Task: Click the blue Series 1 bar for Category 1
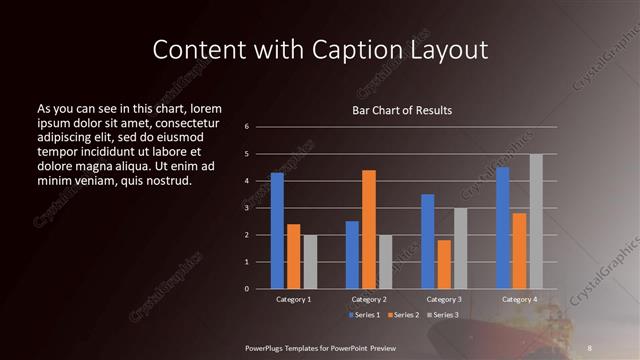[x=277, y=231]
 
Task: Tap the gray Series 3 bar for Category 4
[x=536, y=221]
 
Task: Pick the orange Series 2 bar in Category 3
[x=444, y=264]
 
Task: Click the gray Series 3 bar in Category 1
[x=310, y=262]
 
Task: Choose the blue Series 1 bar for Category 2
[x=352, y=255]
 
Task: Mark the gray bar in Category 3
[x=460, y=248]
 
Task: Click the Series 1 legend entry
[x=365, y=315]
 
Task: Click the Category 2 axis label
[x=369, y=299]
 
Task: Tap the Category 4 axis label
[x=519, y=299]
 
